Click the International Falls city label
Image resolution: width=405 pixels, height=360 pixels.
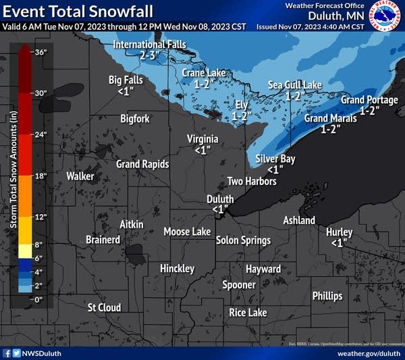click(148, 45)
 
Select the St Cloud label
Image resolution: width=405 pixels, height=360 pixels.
click(104, 307)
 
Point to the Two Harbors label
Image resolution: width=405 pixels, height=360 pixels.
click(252, 181)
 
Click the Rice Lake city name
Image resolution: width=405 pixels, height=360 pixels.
click(248, 312)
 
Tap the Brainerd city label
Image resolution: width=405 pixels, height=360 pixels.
click(103, 240)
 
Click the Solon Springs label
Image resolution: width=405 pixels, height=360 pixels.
click(243, 240)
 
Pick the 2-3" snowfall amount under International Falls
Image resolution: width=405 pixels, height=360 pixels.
click(151, 55)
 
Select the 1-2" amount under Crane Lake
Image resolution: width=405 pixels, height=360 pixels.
click(205, 84)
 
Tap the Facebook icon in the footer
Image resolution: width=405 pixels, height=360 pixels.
click(7, 353)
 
